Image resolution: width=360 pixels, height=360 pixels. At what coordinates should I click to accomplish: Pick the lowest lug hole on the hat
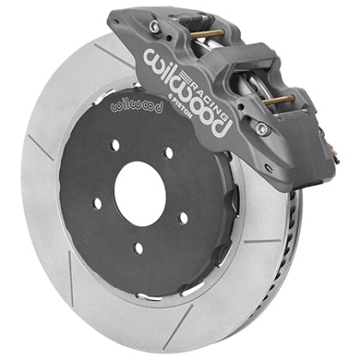[138, 249]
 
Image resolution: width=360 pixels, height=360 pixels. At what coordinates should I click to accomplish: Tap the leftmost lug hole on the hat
[96, 203]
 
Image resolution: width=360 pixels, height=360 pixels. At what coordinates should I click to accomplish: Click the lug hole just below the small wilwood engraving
[114, 144]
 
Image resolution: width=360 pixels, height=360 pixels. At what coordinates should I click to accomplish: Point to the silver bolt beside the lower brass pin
[261, 129]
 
